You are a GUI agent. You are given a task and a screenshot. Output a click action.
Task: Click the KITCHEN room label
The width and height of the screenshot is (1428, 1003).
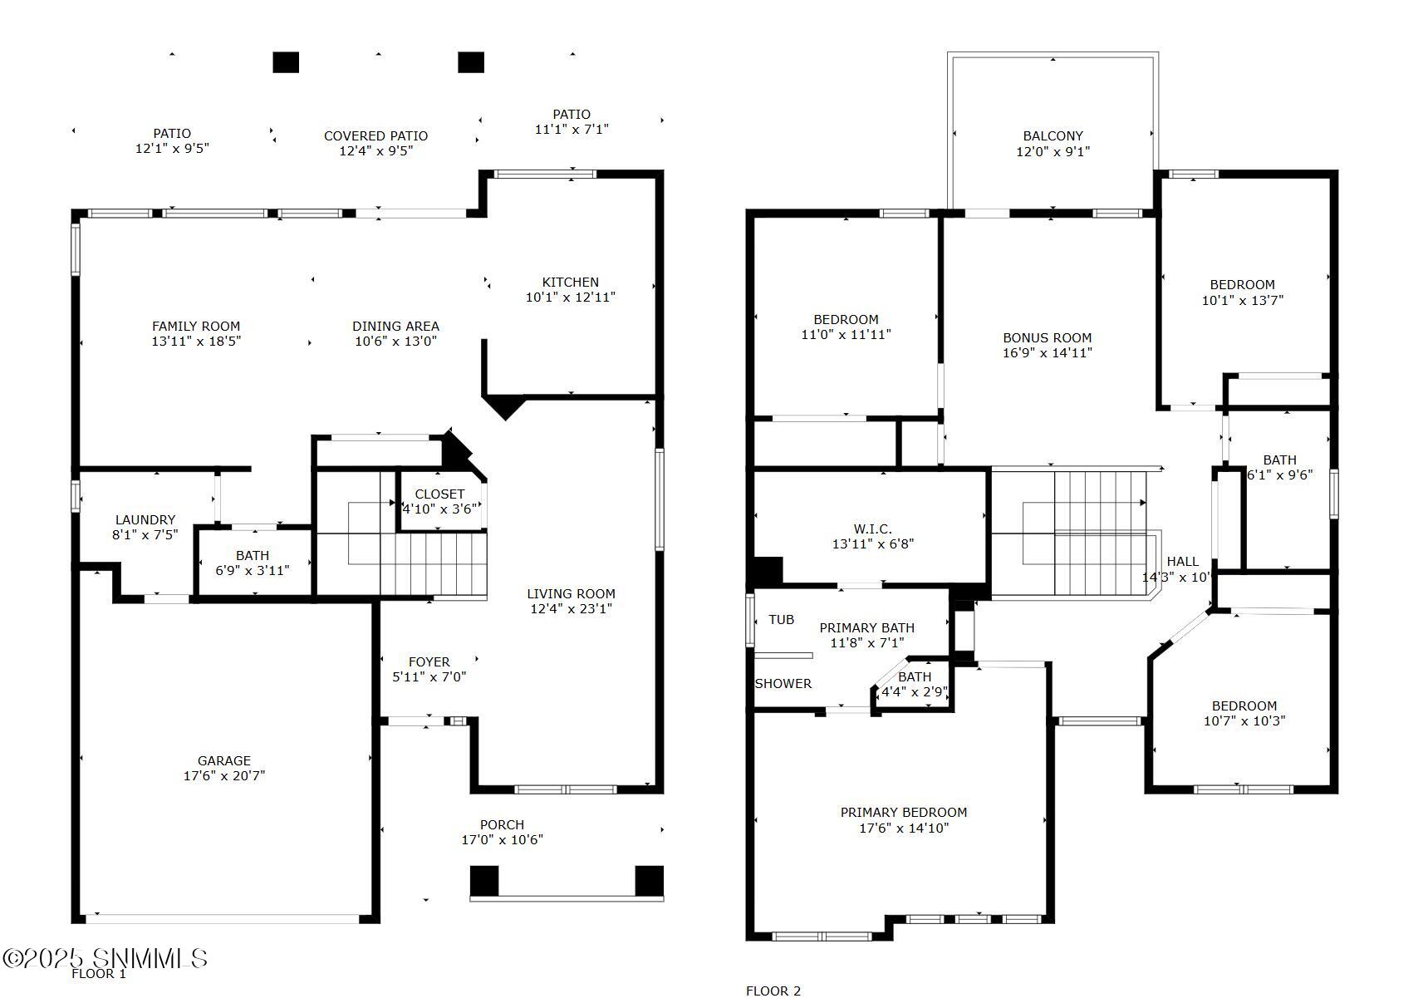tap(570, 282)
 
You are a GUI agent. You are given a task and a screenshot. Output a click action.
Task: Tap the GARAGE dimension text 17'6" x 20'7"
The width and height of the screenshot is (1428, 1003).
tap(224, 776)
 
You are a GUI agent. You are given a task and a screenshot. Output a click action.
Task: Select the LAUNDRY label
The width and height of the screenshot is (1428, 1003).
tap(145, 519)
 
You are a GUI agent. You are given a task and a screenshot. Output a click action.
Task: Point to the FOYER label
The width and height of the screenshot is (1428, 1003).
tap(429, 662)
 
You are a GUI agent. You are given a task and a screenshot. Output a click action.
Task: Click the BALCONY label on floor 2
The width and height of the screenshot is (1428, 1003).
tap(1053, 135)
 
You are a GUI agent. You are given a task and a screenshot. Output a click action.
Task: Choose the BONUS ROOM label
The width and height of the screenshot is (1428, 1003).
tap(1047, 337)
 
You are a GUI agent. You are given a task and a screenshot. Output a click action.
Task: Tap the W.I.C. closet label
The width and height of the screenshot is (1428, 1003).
tap(872, 529)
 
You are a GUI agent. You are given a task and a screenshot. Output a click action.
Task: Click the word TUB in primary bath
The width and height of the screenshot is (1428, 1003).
tap(781, 620)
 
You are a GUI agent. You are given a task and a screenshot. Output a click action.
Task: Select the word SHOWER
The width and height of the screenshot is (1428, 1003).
tap(783, 683)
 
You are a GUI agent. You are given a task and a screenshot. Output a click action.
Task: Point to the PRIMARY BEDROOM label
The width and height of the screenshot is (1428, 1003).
tap(903, 812)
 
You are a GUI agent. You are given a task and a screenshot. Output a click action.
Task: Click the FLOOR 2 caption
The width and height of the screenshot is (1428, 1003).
tap(773, 991)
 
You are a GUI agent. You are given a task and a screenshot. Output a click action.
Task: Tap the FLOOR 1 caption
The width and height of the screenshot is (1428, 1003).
tap(98, 974)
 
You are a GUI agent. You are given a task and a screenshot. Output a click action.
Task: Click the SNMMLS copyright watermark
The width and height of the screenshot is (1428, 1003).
tap(105, 958)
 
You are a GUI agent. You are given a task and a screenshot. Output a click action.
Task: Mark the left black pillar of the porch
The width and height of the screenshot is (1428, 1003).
tap(484, 880)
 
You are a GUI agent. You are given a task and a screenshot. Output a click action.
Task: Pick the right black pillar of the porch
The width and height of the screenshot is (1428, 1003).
tap(649, 880)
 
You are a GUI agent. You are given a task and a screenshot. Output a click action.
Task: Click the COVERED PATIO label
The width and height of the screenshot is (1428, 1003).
tap(375, 135)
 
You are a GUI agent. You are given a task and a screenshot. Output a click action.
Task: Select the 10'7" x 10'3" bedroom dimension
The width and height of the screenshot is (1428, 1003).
tap(1244, 721)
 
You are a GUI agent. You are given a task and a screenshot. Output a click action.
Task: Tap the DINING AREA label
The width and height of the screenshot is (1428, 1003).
tap(395, 326)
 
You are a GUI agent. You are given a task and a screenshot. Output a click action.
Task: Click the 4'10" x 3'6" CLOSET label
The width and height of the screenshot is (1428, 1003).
tap(439, 494)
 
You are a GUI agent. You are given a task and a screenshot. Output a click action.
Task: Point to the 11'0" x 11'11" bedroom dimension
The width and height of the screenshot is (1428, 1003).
tap(846, 335)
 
